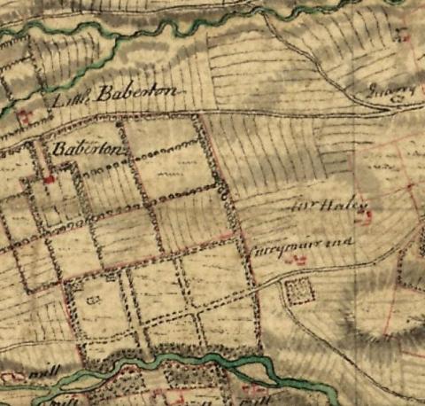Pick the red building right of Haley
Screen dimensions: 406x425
(x=411, y=186)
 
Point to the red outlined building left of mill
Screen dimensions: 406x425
(x=13, y=378)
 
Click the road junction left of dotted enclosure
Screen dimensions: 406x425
(x=266, y=284)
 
